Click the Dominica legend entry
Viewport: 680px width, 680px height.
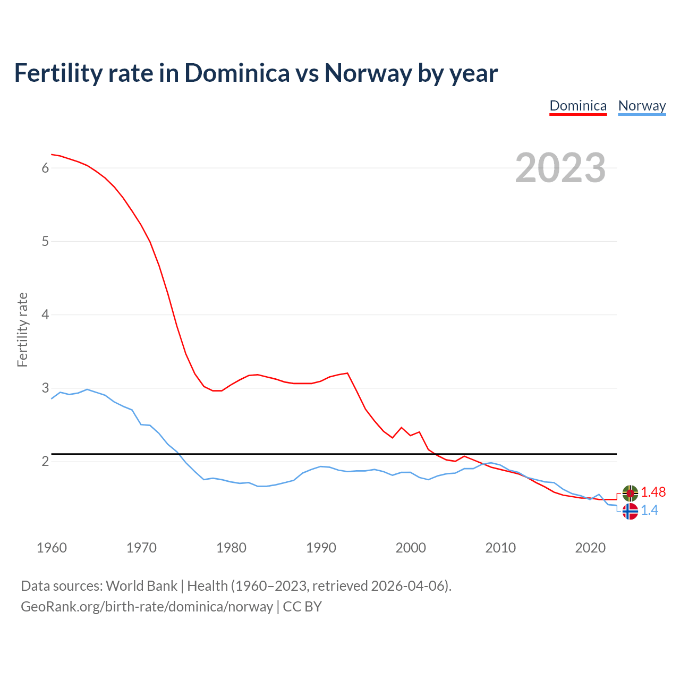coord(578,106)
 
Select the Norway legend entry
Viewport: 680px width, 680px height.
coord(642,106)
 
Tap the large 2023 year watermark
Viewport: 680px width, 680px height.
coord(560,168)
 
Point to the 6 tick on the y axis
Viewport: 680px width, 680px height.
coord(45,168)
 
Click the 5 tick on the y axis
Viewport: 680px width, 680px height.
coord(45,241)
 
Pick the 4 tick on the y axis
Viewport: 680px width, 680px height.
coord(45,314)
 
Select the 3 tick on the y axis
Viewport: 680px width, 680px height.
coord(45,388)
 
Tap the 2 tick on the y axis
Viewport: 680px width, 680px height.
coord(45,461)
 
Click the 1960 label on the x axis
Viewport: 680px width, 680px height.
coord(52,548)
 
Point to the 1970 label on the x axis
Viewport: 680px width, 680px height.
coord(141,548)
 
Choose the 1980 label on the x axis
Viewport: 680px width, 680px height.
coord(231,548)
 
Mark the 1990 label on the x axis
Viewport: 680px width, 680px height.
coord(321,548)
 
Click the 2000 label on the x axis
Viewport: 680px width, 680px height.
coord(411,548)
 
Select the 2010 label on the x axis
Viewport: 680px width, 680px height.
coord(500,548)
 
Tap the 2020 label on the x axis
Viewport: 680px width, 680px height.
coord(590,548)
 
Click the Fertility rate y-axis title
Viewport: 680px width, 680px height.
coord(22,329)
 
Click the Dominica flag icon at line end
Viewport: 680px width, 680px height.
coord(630,493)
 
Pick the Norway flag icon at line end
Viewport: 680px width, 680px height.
coord(630,511)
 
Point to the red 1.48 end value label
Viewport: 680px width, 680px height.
coord(653,492)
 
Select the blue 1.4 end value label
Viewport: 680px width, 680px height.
coord(649,511)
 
